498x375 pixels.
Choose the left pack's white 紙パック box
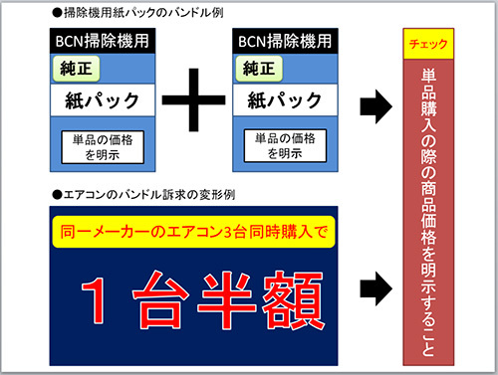click(x=100, y=101)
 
